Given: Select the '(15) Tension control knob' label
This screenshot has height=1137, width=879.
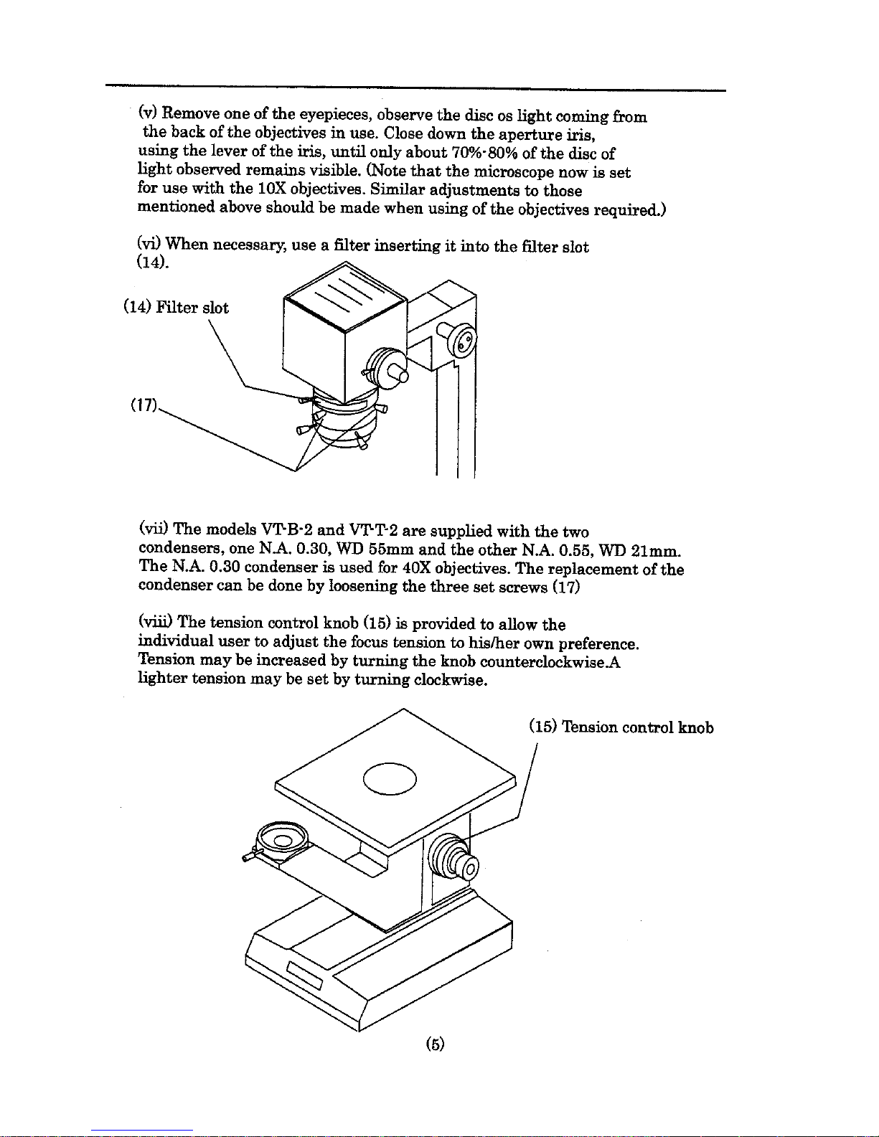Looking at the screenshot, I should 621,727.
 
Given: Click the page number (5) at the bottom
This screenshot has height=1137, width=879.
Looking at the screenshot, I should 434,1044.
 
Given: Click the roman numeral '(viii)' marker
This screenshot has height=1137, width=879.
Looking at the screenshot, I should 154,624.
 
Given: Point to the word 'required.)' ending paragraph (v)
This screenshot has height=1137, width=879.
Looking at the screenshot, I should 630,209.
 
